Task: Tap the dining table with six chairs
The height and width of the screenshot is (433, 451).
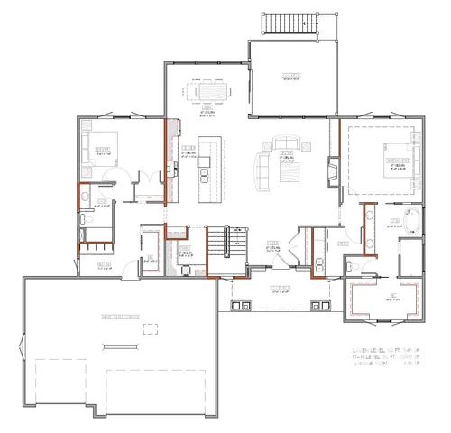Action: pos(207,92)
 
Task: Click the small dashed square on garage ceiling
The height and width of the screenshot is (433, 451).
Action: pos(150,328)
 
